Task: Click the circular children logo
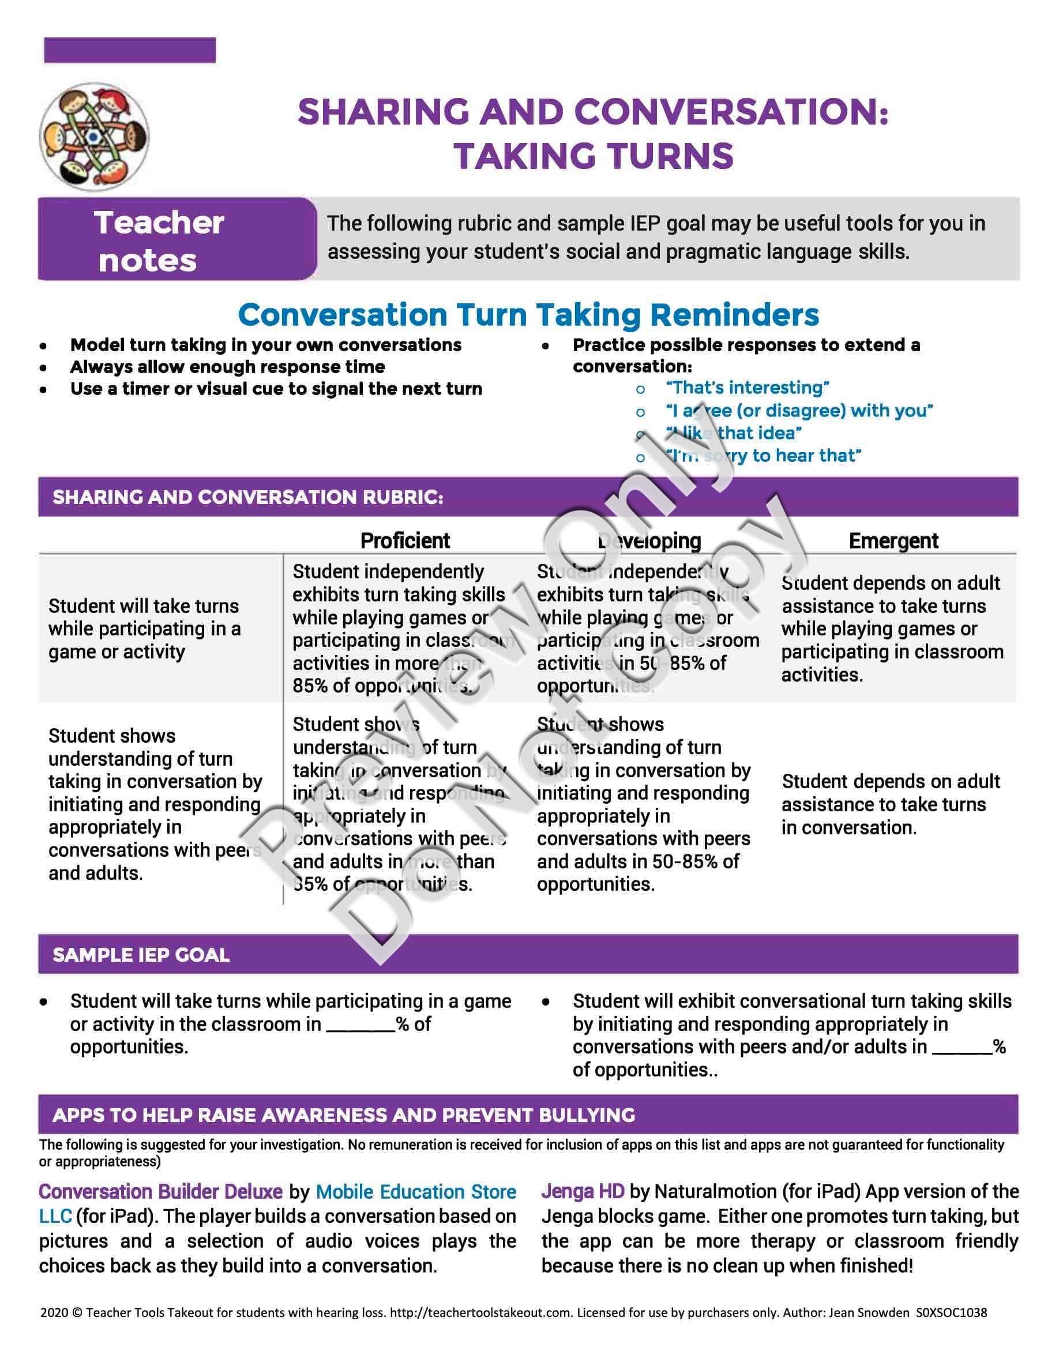[95, 137]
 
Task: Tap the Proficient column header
[405, 541]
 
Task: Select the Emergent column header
[893, 541]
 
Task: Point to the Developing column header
[649, 541]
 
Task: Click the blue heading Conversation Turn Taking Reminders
[528, 315]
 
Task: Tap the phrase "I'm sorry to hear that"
[764, 456]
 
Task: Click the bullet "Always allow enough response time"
[227, 367]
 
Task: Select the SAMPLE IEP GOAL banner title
[141, 955]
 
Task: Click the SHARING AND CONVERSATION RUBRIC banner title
[248, 498]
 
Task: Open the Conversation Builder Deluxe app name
[160, 1191]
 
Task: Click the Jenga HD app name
[583, 1191]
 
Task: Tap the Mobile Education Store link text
[415, 1191]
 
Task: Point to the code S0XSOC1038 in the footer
[951, 1312]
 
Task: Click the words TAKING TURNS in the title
[594, 156]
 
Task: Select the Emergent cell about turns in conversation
[889, 804]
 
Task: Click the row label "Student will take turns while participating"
[144, 628]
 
